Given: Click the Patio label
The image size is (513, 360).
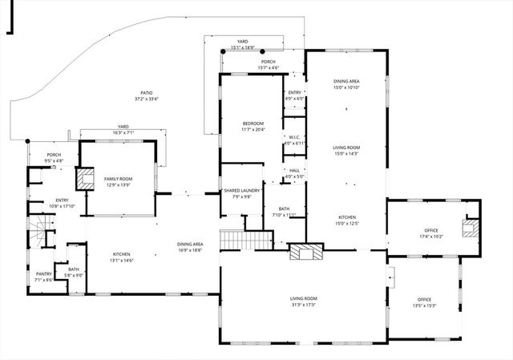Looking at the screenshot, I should click(x=146, y=93).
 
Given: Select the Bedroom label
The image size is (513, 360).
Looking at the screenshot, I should click(x=252, y=123).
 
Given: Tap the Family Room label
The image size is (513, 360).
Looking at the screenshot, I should click(x=118, y=179).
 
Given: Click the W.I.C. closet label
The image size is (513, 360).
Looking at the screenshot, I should click(x=293, y=136).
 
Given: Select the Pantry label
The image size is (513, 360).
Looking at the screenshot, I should click(x=43, y=273).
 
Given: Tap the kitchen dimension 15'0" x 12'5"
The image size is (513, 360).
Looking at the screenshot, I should click(x=346, y=224).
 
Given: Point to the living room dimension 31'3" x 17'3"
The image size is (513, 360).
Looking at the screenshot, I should click(x=303, y=305).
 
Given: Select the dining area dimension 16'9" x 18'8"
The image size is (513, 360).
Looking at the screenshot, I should click(x=190, y=250).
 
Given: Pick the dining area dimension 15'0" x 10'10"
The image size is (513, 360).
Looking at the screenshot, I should click(x=346, y=87).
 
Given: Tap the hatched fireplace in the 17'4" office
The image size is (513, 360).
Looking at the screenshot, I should click(x=470, y=229).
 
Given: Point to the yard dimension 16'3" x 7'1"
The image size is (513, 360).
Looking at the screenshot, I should click(x=123, y=132).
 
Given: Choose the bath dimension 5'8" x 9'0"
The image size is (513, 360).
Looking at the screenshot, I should click(x=73, y=275).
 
